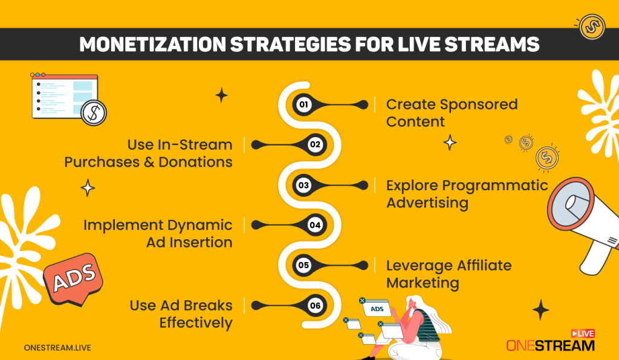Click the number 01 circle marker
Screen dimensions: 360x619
click(x=303, y=104)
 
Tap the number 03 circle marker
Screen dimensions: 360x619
click(x=303, y=185)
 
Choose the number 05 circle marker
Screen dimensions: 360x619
click(x=303, y=265)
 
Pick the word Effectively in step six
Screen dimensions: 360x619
click(x=196, y=323)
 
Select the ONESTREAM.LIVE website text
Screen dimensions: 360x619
click(x=57, y=347)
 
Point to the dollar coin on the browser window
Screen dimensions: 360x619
click(x=93, y=112)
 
